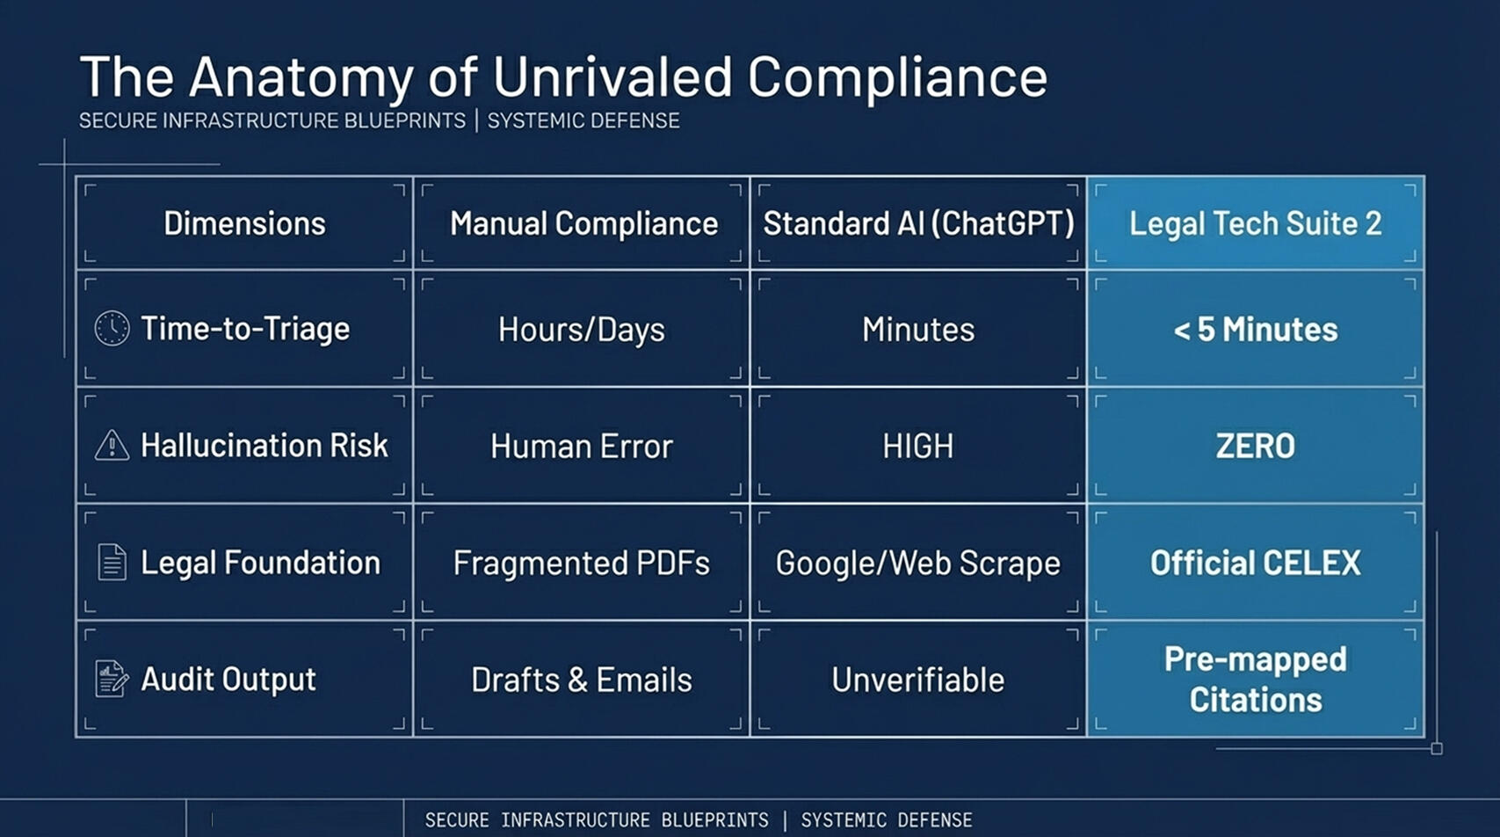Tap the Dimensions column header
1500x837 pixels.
[x=244, y=223]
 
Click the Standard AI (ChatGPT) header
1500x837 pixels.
[x=918, y=224]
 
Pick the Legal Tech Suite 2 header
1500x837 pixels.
[x=1256, y=224]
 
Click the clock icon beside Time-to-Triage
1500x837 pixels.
[x=112, y=328]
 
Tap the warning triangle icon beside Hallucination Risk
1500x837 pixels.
[x=112, y=445]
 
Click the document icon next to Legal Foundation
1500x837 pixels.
[x=112, y=562]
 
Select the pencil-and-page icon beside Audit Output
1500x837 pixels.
[x=112, y=679]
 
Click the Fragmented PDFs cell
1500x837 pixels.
[x=581, y=563]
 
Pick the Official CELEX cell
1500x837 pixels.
[x=1256, y=563]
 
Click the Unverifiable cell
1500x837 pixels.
[x=918, y=680]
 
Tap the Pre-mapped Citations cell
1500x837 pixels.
[x=1256, y=680]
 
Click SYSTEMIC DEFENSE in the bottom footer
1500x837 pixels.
[x=887, y=820]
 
